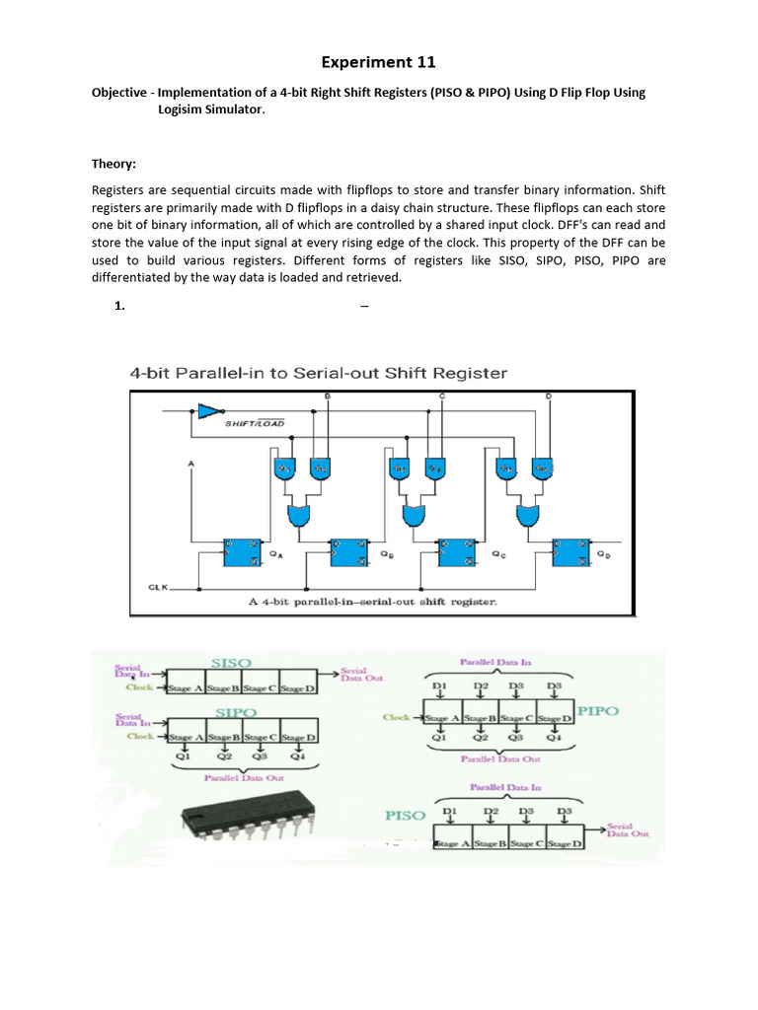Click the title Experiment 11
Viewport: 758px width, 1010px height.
(378, 63)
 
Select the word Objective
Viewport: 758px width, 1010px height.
(123, 92)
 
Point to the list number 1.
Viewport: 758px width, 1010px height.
(118, 306)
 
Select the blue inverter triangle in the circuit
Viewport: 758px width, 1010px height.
(209, 410)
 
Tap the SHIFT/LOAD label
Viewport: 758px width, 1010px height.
(255, 423)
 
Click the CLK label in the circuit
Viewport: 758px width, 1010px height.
(158, 587)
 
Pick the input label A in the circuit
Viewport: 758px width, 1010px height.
(190, 462)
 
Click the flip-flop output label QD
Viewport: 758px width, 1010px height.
(602, 554)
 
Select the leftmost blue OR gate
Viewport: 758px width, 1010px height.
(297, 514)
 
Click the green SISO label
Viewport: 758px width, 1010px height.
(231, 662)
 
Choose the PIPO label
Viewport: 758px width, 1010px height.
(597, 712)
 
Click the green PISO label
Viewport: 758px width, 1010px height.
(406, 816)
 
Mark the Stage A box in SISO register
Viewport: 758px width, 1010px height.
(185, 687)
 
